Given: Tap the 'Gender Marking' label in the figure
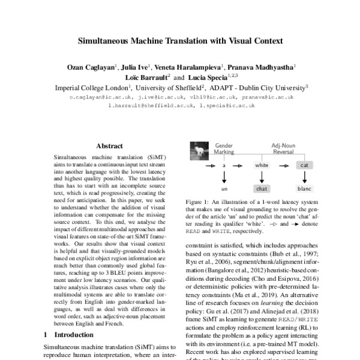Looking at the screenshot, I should [x=224, y=149].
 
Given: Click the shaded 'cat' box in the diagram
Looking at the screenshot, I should [x=304, y=164].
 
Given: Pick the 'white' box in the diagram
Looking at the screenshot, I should [x=262, y=164].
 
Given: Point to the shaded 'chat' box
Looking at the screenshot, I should [x=262, y=188].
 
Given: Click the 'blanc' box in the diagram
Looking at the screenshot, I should [x=304, y=188].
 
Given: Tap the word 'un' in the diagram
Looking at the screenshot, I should [x=224, y=188].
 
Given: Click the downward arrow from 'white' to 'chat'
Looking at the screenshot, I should [x=262, y=176].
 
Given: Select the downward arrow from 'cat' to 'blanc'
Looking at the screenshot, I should [x=304, y=176].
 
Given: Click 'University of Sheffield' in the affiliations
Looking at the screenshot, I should [x=180, y=87].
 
